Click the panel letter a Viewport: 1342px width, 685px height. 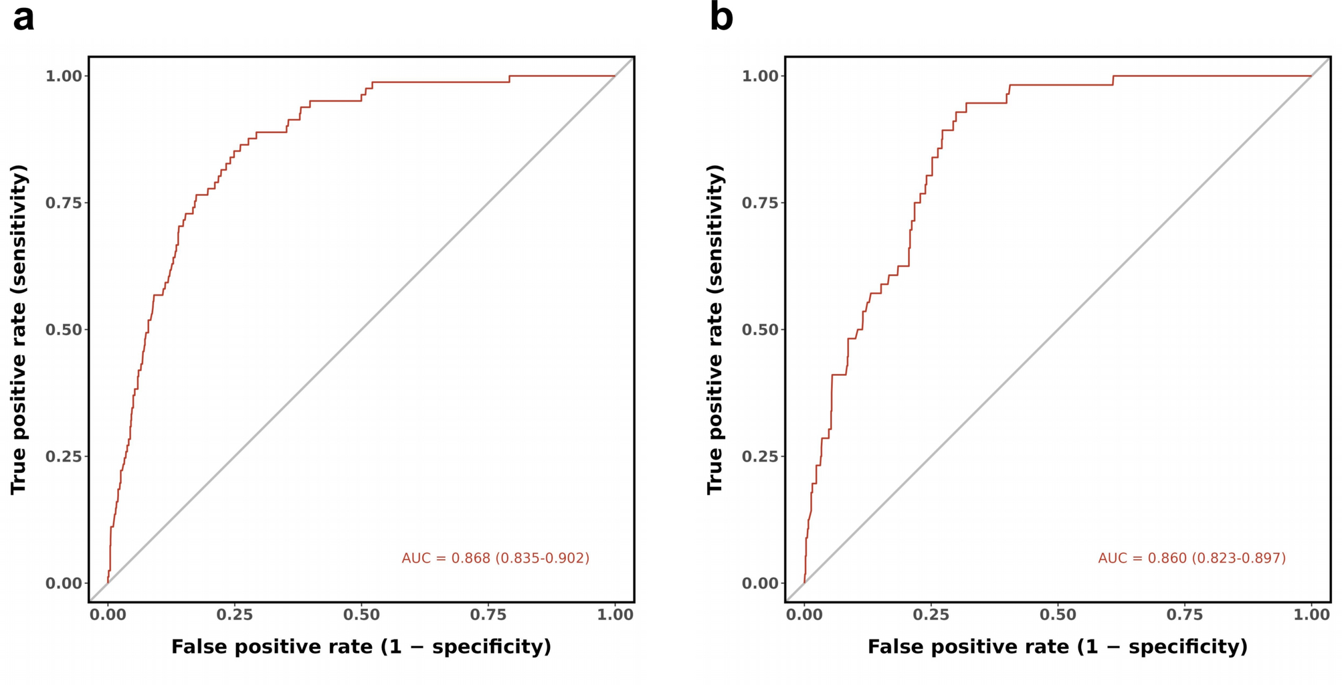23,18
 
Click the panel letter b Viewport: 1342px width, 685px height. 721,18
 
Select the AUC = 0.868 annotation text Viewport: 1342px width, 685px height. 495,558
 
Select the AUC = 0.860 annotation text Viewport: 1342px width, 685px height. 1191,558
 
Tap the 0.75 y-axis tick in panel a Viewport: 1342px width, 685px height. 64,203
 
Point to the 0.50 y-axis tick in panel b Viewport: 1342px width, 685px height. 760,330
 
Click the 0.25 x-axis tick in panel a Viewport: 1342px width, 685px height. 234,614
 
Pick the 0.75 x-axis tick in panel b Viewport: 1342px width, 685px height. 1184,614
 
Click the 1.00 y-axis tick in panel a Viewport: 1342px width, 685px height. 64,76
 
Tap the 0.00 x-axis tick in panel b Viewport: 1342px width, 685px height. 804,614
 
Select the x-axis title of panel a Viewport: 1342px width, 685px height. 361,647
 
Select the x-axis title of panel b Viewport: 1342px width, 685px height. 1058,647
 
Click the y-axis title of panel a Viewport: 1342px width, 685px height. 19,329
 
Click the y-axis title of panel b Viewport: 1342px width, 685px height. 715,329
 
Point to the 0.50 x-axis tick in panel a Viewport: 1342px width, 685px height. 361,614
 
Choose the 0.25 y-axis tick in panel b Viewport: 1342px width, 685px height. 760,456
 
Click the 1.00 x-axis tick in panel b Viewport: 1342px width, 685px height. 1311,614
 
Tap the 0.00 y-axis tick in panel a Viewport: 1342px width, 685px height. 64,583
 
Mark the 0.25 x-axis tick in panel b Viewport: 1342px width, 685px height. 931,614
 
